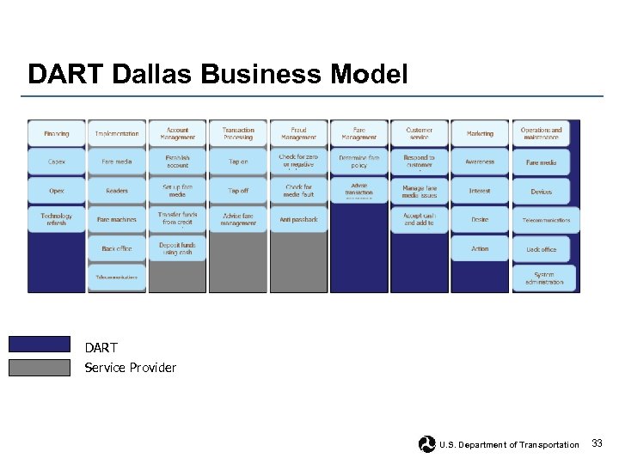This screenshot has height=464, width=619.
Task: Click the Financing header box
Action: [57, 134]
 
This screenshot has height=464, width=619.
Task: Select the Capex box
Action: [57, 162]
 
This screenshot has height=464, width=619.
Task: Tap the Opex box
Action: [57, 191]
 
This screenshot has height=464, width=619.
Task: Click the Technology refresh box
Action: [57, 220]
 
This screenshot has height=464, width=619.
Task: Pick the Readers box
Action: [117, 191]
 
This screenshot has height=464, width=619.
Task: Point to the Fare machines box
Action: [117, 220]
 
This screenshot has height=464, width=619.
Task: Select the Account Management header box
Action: [178, 134]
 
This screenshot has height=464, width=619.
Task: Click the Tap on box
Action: [238, 162]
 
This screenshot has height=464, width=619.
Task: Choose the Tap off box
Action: [238, 191]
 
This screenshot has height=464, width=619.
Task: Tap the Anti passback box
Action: [298, 220]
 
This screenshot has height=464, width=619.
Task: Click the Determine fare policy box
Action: [359, 162]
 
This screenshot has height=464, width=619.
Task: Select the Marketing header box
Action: [480, 134]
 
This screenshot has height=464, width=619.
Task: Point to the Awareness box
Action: [480, 162]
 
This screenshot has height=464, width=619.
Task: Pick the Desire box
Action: [480, 220]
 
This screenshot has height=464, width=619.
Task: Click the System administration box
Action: [543, 278]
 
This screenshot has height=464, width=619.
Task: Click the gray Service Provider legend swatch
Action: [40, 368]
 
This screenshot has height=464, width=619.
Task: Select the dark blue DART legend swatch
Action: [40, 345]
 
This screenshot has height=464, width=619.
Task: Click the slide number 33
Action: [598, 443]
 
